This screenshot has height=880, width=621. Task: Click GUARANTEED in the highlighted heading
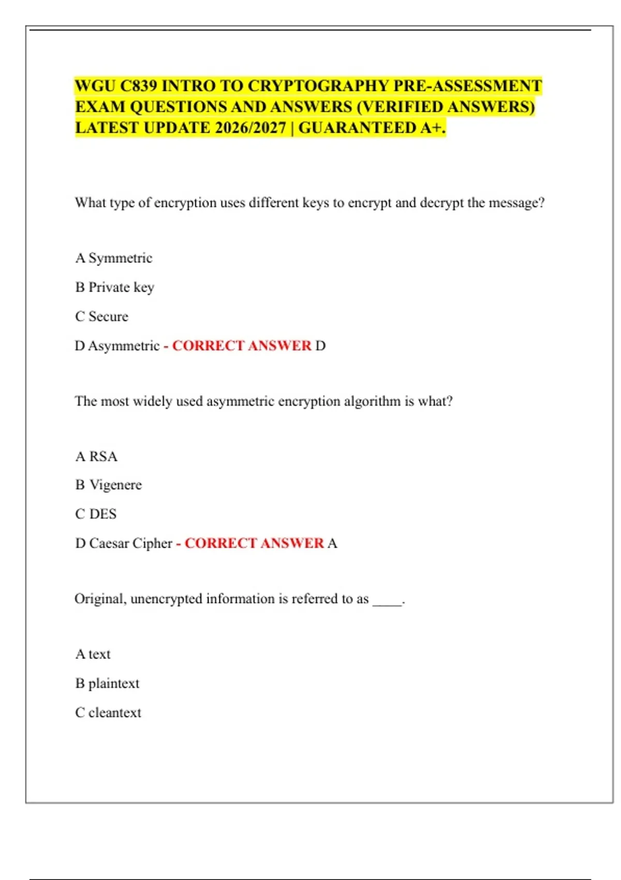pos(357,128)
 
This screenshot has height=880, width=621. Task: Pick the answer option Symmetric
pos(120,258)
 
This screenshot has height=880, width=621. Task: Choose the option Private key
pos(121,287)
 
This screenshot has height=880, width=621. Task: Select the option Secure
pos(108,316)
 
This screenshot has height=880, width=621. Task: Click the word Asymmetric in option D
pos(124,346)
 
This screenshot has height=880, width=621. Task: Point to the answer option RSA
pos(103,457)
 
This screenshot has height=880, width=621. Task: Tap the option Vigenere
pos(115,485)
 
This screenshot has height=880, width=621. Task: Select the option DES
pos(102,514)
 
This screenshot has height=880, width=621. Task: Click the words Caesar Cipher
pos(130,544)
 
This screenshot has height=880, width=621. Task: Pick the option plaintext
pos(114,683)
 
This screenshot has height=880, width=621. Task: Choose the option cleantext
pos(114,713)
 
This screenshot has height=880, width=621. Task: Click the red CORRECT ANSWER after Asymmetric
pos(242,346)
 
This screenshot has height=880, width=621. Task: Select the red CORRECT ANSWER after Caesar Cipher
pos(254,544)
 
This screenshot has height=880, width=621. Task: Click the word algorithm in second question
pos(372,401)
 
